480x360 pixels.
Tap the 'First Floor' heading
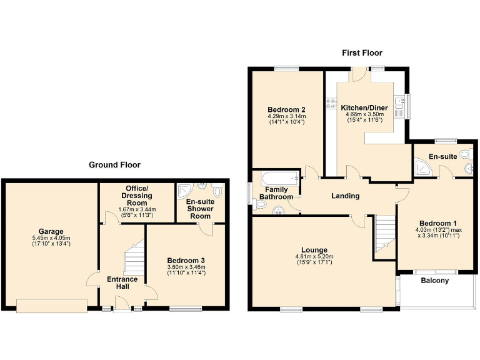[362, 53]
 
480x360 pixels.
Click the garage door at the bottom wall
[52, 306]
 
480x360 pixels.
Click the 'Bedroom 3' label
[186, 260]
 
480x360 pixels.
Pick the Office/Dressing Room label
[137, 196]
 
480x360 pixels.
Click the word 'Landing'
[345, 196]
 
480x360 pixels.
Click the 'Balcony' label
[434, 281]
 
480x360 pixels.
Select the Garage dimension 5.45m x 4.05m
[51, 238]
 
